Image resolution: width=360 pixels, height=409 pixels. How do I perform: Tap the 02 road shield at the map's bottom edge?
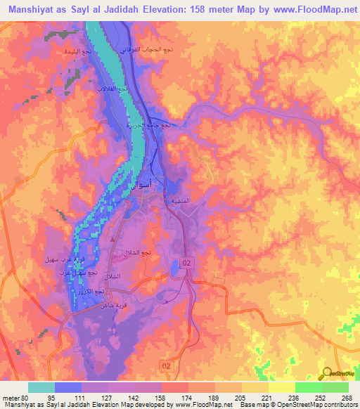tap(166, 367)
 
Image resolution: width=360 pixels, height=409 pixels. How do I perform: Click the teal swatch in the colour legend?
tap(41, 387)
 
